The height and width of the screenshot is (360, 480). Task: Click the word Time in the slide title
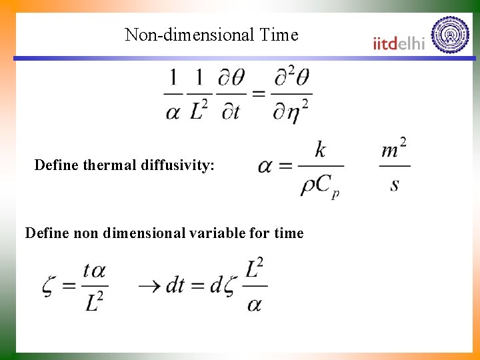click(x=280, y=35)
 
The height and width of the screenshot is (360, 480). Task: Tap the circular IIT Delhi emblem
click(x=451, y=34)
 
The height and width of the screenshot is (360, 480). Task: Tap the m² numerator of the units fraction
click(x=394, y=149)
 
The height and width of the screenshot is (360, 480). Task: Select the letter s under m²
click(x=395, y=183)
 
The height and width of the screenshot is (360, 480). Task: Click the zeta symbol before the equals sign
click(x=49, y=286)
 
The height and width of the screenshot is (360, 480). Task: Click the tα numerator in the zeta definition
click(x=94, y=271)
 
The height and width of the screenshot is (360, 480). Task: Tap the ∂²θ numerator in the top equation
click(x=292, y=79)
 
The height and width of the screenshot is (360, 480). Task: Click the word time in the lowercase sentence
click(x=290, y=233)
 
